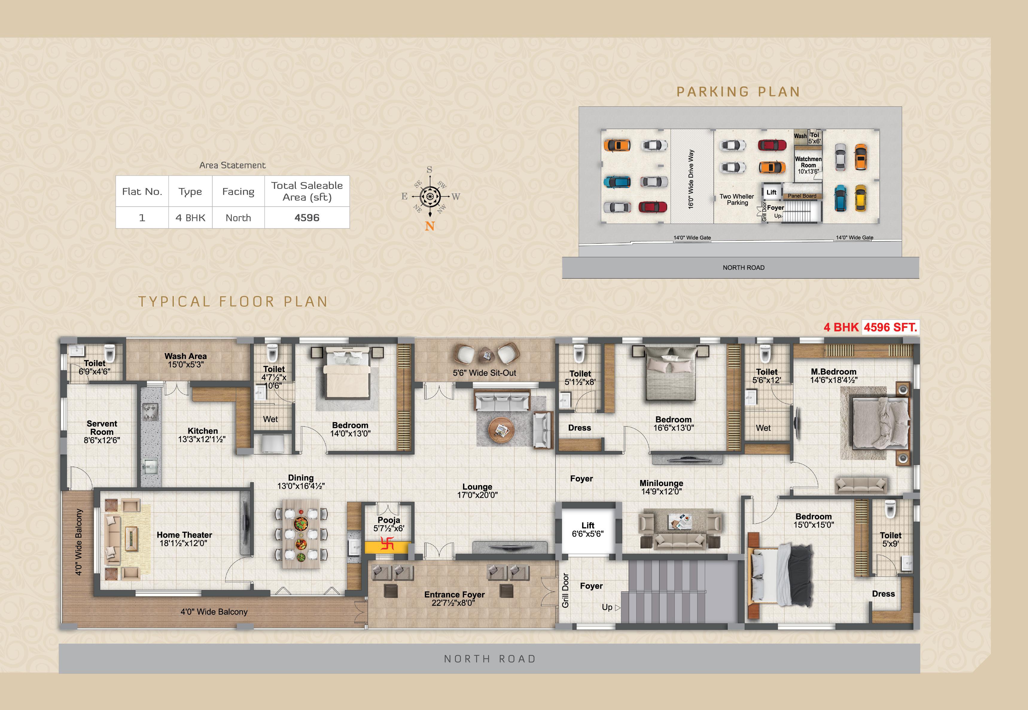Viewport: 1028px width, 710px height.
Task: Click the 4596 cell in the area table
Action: [x=307, y=218]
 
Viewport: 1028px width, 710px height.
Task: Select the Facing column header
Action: [x=238, y=192]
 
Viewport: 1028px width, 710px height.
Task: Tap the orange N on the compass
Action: [x=430, y=226]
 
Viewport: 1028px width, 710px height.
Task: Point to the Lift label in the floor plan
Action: [x=588, y=525]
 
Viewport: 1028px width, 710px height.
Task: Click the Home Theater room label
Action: [x=184, y=535]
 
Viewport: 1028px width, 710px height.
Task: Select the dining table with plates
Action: [x=301, y=533]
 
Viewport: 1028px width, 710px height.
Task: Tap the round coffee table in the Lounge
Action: [x=501, y=429]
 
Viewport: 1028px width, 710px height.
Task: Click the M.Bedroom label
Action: [x=834, y=372]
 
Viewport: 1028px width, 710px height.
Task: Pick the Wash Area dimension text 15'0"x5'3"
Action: [x=185, y=364]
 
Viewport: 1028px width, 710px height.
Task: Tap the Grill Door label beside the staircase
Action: [x=565, y=590]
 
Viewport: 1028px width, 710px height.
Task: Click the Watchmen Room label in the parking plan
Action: [x=808, y=162]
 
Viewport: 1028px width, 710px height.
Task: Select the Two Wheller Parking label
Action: [x=737, y=199]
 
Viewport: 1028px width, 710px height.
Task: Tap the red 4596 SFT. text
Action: [x=890, y=327]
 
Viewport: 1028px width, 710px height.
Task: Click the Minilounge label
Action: [x=661, y=483]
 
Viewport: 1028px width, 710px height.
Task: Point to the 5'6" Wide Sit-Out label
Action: [x=485, y=373]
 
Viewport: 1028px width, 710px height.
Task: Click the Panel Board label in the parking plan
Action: [x=802, y=196]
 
